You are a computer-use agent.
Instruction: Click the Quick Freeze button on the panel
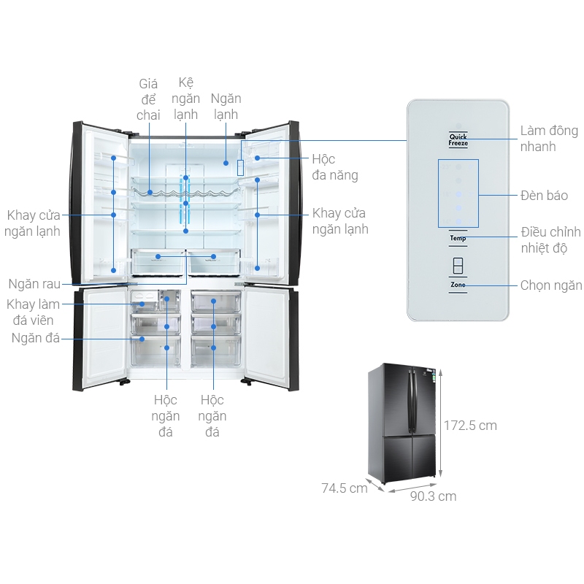(458, 139)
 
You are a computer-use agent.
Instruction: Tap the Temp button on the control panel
(458, 238)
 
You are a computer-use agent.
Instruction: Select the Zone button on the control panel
(458, 285)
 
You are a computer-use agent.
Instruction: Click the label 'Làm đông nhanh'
(548, 139)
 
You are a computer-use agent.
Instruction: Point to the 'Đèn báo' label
(544, 196)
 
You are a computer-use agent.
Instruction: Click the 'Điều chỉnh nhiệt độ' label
(550, 240)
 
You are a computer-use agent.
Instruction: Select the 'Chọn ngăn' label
(551, 285)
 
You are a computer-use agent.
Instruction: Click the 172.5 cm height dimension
(471, 425)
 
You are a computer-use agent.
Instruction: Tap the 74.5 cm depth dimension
(345, 488)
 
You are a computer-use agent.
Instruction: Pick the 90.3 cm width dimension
(433, 496)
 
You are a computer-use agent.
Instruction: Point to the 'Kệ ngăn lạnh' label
(186, 99)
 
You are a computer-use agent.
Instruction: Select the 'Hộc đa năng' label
(334, 166)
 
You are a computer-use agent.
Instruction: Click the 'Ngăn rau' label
(34, 284)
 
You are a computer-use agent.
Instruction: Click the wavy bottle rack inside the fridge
(185, 193)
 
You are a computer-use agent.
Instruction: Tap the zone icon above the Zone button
(458, 265)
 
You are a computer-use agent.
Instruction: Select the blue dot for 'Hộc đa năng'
(258, 158)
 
